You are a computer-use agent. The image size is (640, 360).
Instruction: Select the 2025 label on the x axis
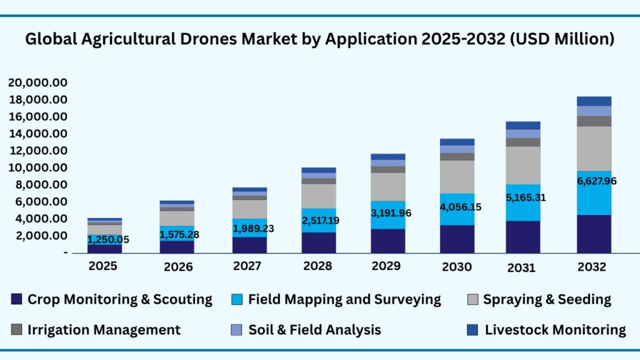[x=102, y=266]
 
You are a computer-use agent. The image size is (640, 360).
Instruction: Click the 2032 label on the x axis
[x=591, y=267]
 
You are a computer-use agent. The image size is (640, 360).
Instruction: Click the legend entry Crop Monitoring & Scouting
[x=119, y=299]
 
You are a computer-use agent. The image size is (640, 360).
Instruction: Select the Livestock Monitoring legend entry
[x=555, y=330]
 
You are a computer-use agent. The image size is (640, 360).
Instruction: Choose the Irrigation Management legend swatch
[x=17, y=330]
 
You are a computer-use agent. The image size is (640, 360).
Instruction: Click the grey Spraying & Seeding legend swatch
[x=473, y=299]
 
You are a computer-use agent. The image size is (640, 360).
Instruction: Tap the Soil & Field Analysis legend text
[x=314, y=330]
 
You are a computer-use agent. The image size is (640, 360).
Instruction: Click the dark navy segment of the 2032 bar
[x=594, y=234]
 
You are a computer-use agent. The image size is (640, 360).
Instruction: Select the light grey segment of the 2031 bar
[x=523, y=165]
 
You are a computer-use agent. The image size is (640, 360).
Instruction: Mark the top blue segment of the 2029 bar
[x=388, y=157]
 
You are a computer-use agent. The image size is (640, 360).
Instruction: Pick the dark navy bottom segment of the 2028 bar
[x=318, y=242]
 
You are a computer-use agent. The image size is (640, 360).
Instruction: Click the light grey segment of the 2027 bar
[x=250, y=209]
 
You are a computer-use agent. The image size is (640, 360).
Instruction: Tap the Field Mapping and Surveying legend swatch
[x=238, y=299]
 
